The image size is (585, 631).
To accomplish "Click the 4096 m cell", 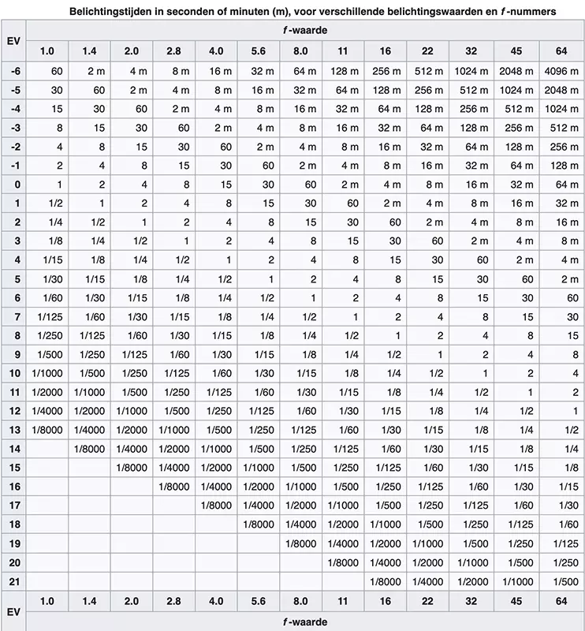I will coord(561,70).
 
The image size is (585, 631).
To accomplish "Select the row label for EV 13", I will coord(13,429).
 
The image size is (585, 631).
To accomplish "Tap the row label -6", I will coord(13,70).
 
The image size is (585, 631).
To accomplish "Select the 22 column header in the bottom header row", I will coord(427,601).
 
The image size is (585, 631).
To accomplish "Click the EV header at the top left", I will coord(13,40).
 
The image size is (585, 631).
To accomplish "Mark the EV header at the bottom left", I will coord(13,611).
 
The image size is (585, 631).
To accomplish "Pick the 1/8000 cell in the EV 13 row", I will coord(47,429).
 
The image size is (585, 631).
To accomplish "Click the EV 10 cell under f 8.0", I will coord(300,372).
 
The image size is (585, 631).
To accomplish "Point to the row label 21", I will coord(13,581).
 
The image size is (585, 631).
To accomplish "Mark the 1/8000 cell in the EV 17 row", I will coord(216,505).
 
